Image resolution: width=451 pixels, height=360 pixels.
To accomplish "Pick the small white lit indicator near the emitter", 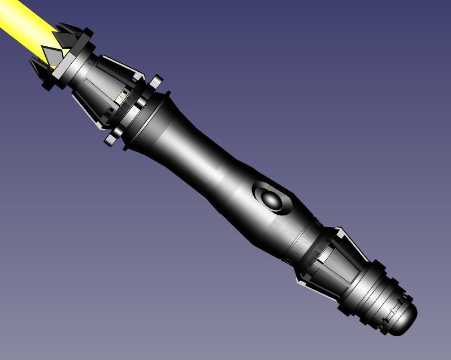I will [x=120, y=98].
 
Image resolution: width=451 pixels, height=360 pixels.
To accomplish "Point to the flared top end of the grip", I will [x=150, y=119].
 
